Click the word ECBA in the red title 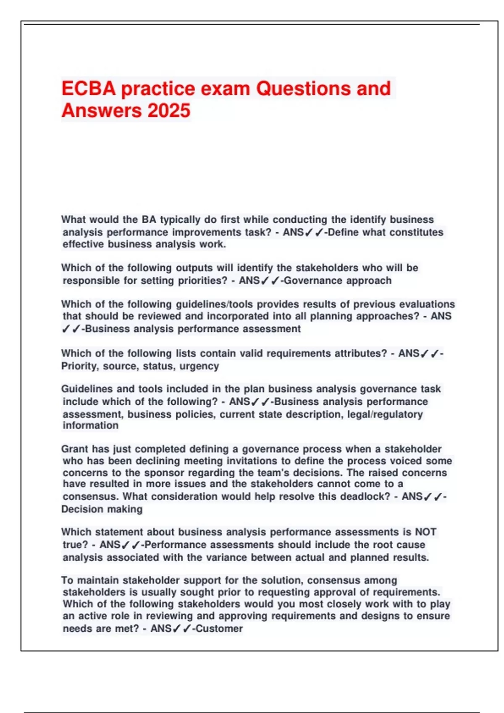(88, 89)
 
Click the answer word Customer (219, 628)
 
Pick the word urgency (199, 366)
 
